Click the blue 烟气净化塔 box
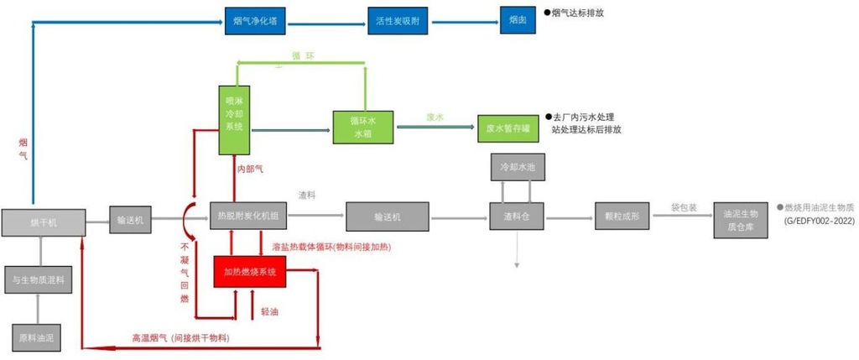[256, 20]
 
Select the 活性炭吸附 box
[398, 20]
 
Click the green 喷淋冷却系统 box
[234, 119]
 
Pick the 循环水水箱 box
[362, 127]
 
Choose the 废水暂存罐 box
[508, 128]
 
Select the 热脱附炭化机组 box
[247, 216]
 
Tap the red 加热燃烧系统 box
[255, 273]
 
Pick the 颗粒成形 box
[622, 217]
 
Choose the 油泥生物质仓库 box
[741, 216]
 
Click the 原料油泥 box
[36, 337]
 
